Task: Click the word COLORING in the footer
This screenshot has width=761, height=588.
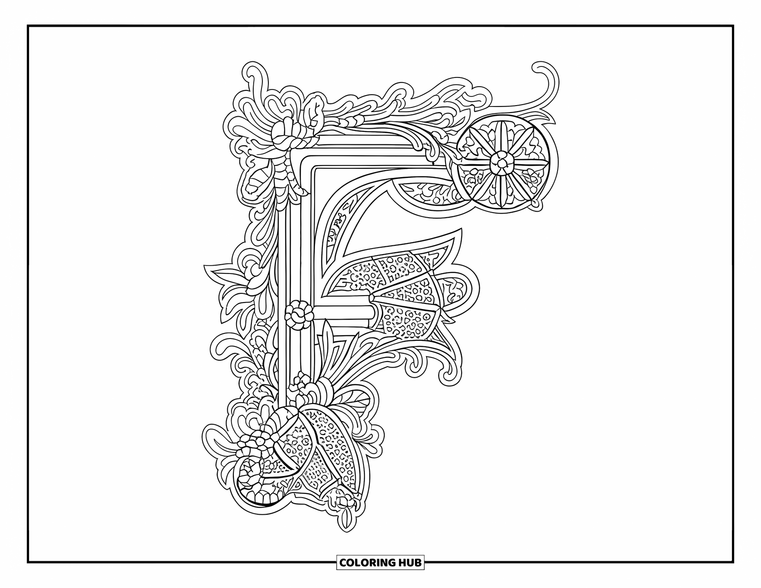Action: [367, 563]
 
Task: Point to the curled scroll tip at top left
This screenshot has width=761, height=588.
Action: [252, 74]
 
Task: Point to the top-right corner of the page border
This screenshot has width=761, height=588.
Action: [733, 26]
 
